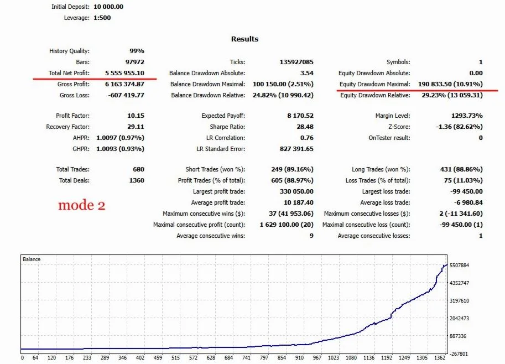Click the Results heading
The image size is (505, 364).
click(x=245, y=39)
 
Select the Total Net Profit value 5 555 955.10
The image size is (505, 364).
click(x=124, y=73)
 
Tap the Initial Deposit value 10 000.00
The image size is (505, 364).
click(x=108, y=7)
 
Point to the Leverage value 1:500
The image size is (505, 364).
click(x=102, y=18)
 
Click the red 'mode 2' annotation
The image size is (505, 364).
click(x=82, y=205)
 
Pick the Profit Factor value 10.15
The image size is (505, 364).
click(x=136, y=116)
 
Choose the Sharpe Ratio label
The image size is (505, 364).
click(x=227, y=127)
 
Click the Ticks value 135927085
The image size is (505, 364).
click(x=296, y=62)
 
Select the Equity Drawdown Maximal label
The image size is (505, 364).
click(x=375, y=84)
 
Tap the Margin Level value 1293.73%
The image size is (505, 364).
click(x=467, y=116)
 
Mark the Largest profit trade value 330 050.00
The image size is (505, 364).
click(x=296, y=191)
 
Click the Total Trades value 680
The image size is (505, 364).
click(x=138, y=169)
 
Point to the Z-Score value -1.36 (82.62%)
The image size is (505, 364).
click(x=459, y=127)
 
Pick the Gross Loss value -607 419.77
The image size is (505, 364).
click(x=126, y=95)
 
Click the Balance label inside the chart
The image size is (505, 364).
click(x=32, y=259)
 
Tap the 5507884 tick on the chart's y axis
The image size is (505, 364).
click(x=459, y=266)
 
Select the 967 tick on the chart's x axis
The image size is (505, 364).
click(x=317, y=357)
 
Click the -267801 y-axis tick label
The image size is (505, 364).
click(x=459, y=353)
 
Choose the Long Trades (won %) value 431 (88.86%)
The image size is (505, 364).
click(x=461, y=169)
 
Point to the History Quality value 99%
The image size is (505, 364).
click(x=137, y=51)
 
